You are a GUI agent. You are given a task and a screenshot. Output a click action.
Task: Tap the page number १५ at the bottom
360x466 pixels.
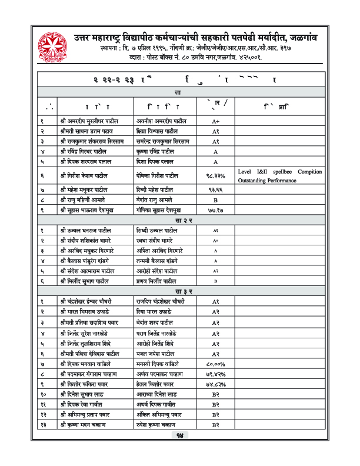tap(180, 452)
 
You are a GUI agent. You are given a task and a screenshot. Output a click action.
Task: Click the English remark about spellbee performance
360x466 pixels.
tap(280, 175)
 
